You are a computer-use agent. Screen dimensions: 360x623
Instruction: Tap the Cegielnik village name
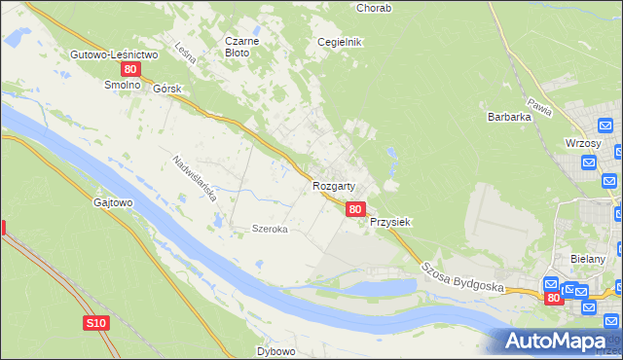pyautogui.click(x=340, y=42)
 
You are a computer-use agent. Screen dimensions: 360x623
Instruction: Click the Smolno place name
pyautogui.click(x=124, y=85)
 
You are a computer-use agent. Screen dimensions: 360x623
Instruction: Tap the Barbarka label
pyautogui.click(x=507, y=117)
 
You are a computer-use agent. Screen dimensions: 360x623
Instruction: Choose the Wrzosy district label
pyautogui.click(x=583, y=142)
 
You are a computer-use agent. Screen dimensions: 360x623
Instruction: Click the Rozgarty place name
pyautogui.click(x=333, y=185)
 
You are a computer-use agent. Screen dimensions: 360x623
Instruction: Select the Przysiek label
pyautogui.click(x=390, y=222)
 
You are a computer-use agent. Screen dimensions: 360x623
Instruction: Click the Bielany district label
pyautogui.click(x=589, y=259)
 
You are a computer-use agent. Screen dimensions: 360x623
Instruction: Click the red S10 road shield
pyautogui.click(x=94, y=323)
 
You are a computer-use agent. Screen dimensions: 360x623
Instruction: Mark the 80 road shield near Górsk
pyautogui.click(x=130, y=70)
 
